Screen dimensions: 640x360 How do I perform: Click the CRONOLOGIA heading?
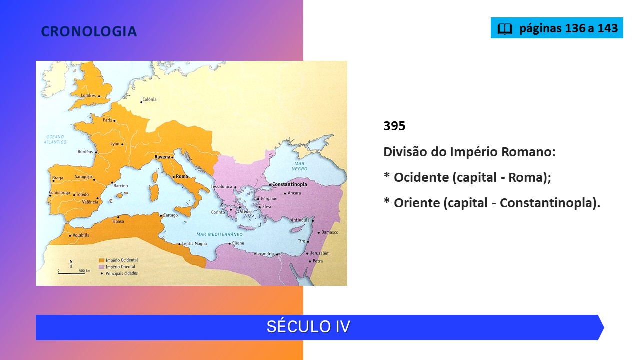click(x=89, y=31)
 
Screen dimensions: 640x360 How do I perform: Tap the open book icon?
click(x=505, y=29)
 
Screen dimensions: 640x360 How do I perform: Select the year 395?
click(x=394, y=126)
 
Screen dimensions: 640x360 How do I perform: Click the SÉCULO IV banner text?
click(x=308, y=327)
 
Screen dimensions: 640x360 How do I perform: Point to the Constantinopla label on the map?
click(x=289, y=184)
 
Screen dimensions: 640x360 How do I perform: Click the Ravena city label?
click(x=162, y=157)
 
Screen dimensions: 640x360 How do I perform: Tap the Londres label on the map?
click(x=88, y=95)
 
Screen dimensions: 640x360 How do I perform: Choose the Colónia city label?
click(x=149, y=99)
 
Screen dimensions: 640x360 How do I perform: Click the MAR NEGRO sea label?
click(x=299, y=166)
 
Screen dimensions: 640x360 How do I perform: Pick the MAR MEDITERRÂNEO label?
click(x=219, y=234)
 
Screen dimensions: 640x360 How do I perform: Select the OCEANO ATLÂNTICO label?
click(x=55, y=139)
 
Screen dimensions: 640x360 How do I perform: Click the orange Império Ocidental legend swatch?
click(x=101, y=260)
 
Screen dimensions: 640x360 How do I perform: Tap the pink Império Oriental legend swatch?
click(x=101, y=267)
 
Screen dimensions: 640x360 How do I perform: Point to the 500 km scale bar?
click(x=71, y=273)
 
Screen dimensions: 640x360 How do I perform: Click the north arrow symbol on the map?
click(x=71, y=264)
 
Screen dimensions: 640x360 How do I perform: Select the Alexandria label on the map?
click(x=264, y=253)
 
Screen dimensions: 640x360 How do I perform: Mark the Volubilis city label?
click(x=81, y=235)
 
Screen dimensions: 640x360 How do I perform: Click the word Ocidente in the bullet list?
click(x=421, y=177)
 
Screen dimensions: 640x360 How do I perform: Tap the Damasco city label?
click(x=330, y=232)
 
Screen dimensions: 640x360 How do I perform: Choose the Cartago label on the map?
click(x=170, y=215)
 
